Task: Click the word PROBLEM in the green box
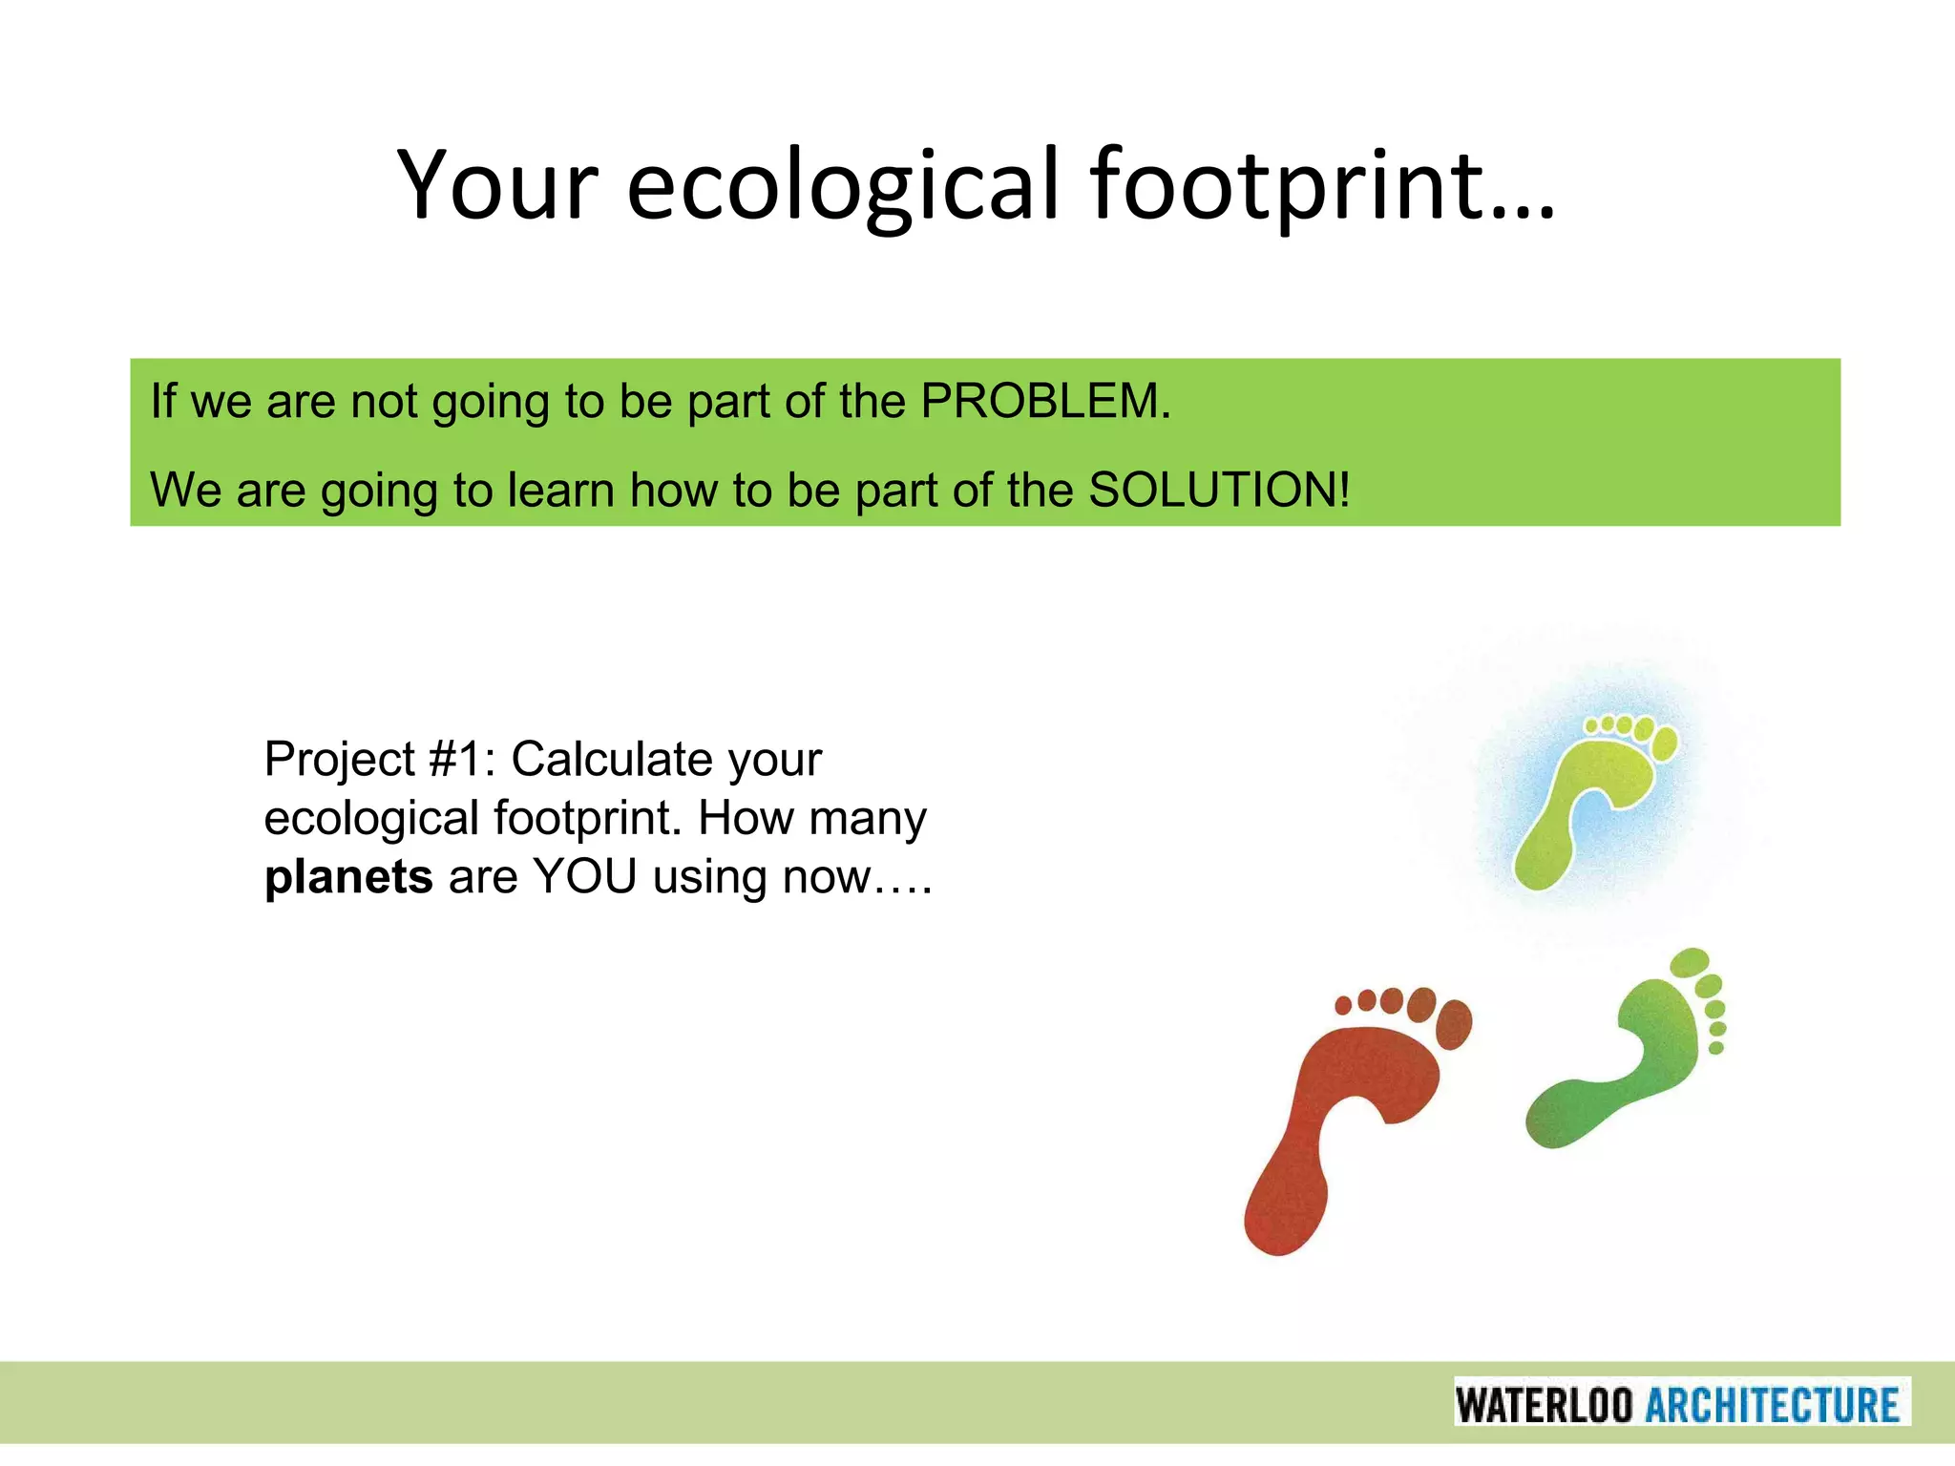point(1045,401)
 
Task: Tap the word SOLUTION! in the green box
point(1219,491)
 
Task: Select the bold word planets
point(348,877)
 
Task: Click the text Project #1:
point(380,760)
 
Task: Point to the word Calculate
point(612,760)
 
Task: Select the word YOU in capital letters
point(584,877)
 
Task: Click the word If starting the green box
point(163,401)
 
